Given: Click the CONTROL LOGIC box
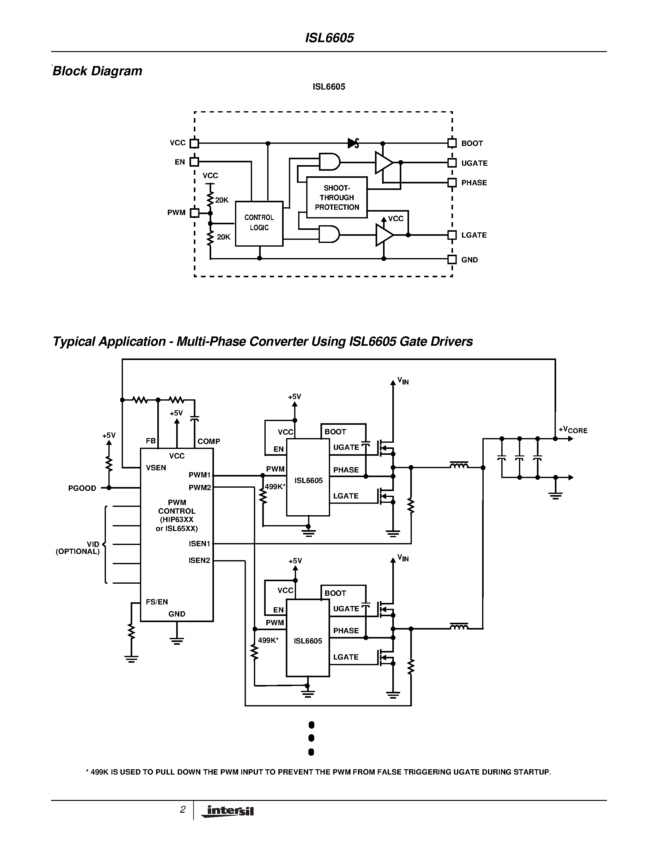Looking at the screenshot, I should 259,223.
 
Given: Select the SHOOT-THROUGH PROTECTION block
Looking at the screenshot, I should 337,197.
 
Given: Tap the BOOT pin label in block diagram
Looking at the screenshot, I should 472,143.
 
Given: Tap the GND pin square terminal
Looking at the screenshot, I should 452,259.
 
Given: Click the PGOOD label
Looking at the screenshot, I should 82,488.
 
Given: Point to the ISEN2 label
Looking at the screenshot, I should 199,560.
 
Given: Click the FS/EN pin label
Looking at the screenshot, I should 157,602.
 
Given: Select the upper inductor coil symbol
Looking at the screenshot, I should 459,465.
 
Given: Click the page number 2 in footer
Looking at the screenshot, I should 182,810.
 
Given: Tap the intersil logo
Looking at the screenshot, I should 228,811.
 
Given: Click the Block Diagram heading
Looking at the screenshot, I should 98,71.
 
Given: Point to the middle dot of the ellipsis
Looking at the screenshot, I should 311,738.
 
